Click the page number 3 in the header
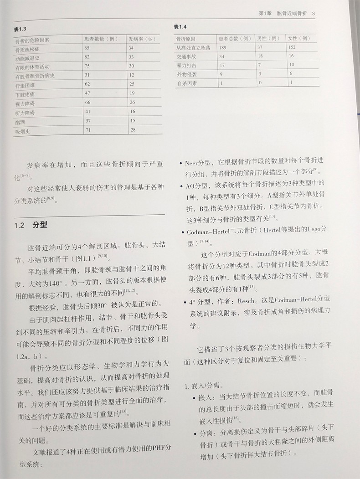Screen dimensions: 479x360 point(314,14)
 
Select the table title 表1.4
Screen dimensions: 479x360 point(180,27)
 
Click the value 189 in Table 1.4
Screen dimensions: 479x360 point(223,47)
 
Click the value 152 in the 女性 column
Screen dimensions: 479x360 point(293,47)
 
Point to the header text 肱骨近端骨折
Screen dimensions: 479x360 point(293,14)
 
